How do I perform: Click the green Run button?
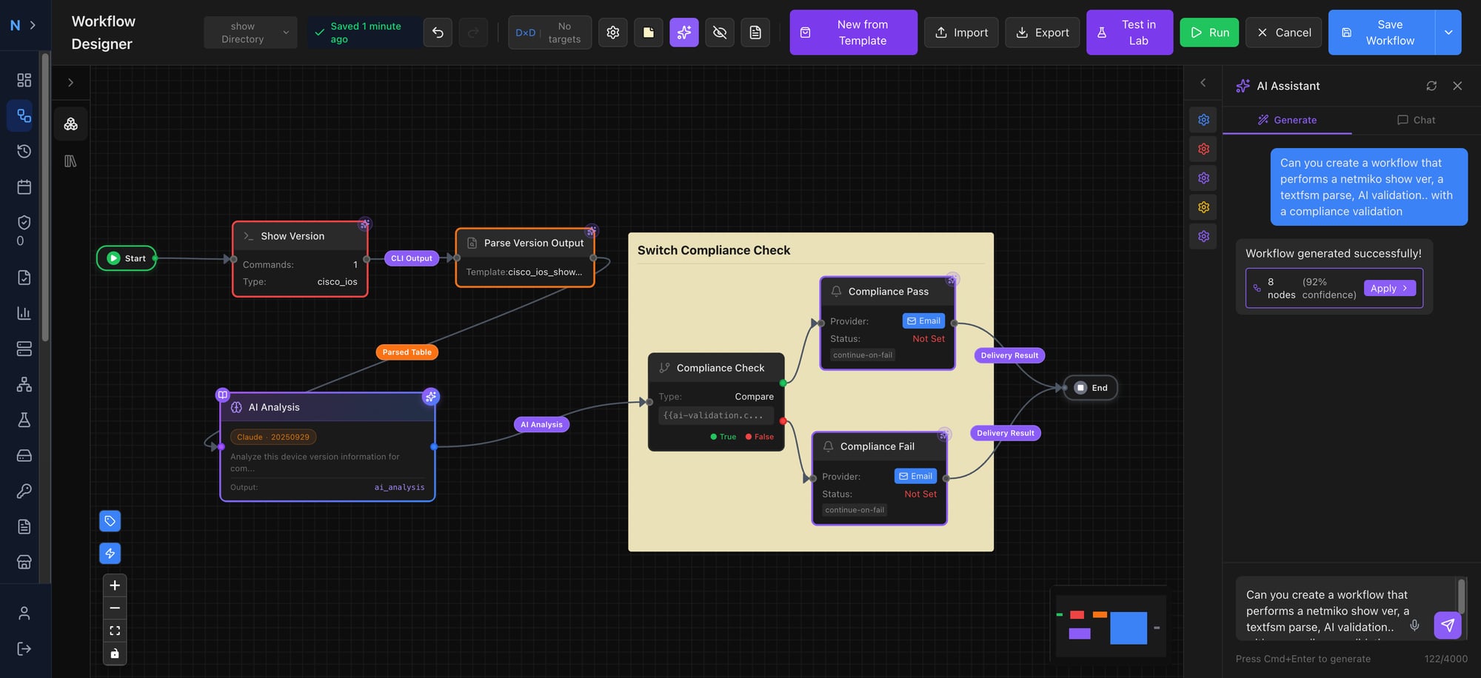[1208, 33]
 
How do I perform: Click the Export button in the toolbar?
[1042, 33]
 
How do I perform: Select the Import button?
[961, 33]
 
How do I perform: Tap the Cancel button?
[1283, 33]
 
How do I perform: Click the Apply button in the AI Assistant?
[1388, 289]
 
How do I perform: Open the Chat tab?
[1416, 120]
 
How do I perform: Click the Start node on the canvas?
[127, 258]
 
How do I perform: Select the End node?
[1091, 388]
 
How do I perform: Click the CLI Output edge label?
[411, 258]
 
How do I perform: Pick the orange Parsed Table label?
[407, 352]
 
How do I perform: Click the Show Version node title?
[292, 236]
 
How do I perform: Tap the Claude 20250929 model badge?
[273, 437]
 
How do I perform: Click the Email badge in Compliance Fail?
[915, 476]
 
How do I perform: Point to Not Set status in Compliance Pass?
[928, 339]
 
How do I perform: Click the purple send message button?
[1447, 625]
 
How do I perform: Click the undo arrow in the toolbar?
[438, 33]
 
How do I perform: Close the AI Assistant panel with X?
[1457, 86]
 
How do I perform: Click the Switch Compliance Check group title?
[713, 250]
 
